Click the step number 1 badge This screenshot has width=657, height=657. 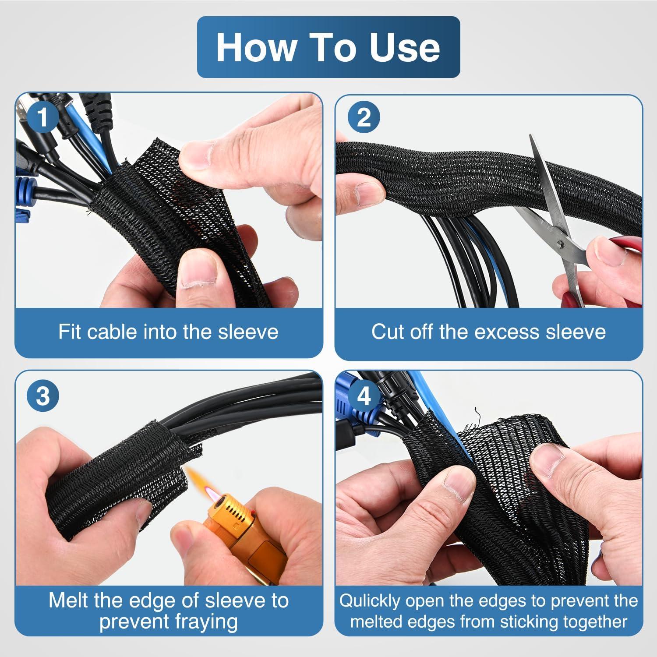(x=42, y=117)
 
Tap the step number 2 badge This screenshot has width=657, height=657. (x=364, y=117)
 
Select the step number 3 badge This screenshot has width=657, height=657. (x=42, y=396)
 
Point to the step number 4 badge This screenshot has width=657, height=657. (x=364, y=396)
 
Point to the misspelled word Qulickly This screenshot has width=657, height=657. (x=371, y=601)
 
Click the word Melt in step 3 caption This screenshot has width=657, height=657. (x=69, y=600)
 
